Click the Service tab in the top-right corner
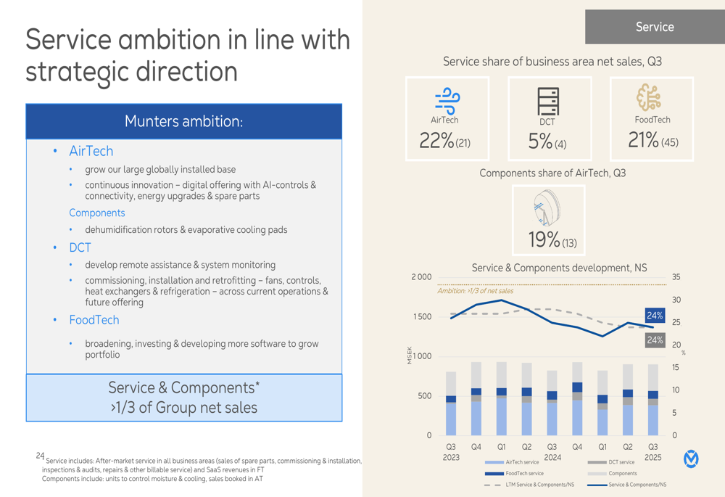pyautogui.click(x=655, y=27)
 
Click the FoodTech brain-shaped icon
pyautogui.click(x=650, y=97)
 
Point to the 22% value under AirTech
pyautogui.click(x=436, y=140)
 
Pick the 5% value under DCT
pyautogui.click(x=540, y=141)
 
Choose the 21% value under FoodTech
pyautogui.click(x=643, y=140)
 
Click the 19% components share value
pyautogui.click(x=544, y=239)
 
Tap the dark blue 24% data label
pyautogui.click(x=655, y=316)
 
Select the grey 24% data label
pyautogui.click(x=655, y=340)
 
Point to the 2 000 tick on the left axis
pyautogui.click(x=421, y=277)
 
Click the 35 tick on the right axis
pyautogui.click(x=676, y=277)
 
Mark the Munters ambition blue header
pyautogui.click(x=183, y=121)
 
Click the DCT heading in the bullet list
pyautogui.click(x=80, y=247)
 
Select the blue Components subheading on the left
pyautogui.click(x=96, y=213)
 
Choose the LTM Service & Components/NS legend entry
pyautogui.click(x=529, y=485)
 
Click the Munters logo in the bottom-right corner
pyautogui.click(x=692, y=459)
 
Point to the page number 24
pyautogui.click(x=40, y=456)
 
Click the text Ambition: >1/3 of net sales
pyautogui.click(x=475, y=291)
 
